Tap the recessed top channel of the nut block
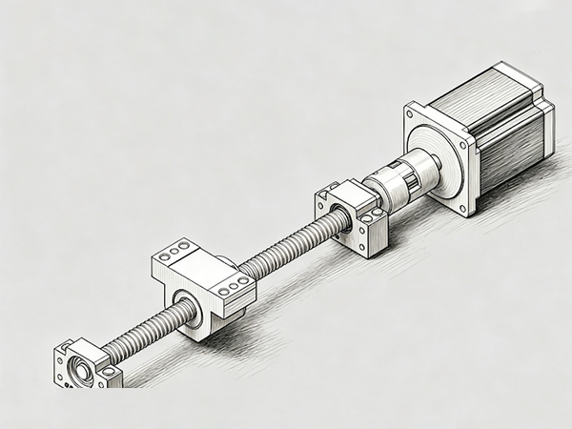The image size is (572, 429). click(x=205, y=267)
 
